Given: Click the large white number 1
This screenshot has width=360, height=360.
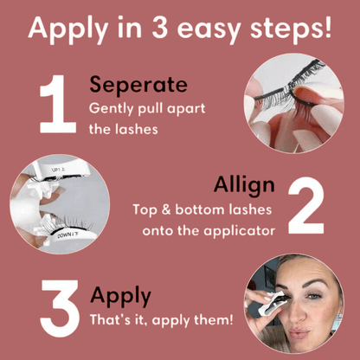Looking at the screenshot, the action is tap(59, 104).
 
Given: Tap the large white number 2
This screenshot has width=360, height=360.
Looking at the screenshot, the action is tap(306, 205).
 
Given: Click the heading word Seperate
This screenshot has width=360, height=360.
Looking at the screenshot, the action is tap(138, 85).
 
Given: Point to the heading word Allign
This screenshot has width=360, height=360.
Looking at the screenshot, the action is tap(244, 185).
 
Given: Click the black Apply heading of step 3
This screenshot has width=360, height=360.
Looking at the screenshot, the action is tap(120, 296).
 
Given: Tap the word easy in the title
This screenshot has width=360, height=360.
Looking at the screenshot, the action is tap(209, 29).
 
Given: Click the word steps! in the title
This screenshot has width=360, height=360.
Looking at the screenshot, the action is tap(291, 29).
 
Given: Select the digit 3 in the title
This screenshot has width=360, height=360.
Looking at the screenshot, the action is tap(160, 28).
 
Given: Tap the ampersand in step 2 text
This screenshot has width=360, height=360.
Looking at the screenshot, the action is tap(166, 209).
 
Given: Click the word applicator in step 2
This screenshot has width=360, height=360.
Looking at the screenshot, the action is tap(239, 231).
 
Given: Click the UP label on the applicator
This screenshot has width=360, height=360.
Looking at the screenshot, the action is tap(59, 170).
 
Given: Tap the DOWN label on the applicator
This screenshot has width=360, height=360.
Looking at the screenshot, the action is tap(67, 235).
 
